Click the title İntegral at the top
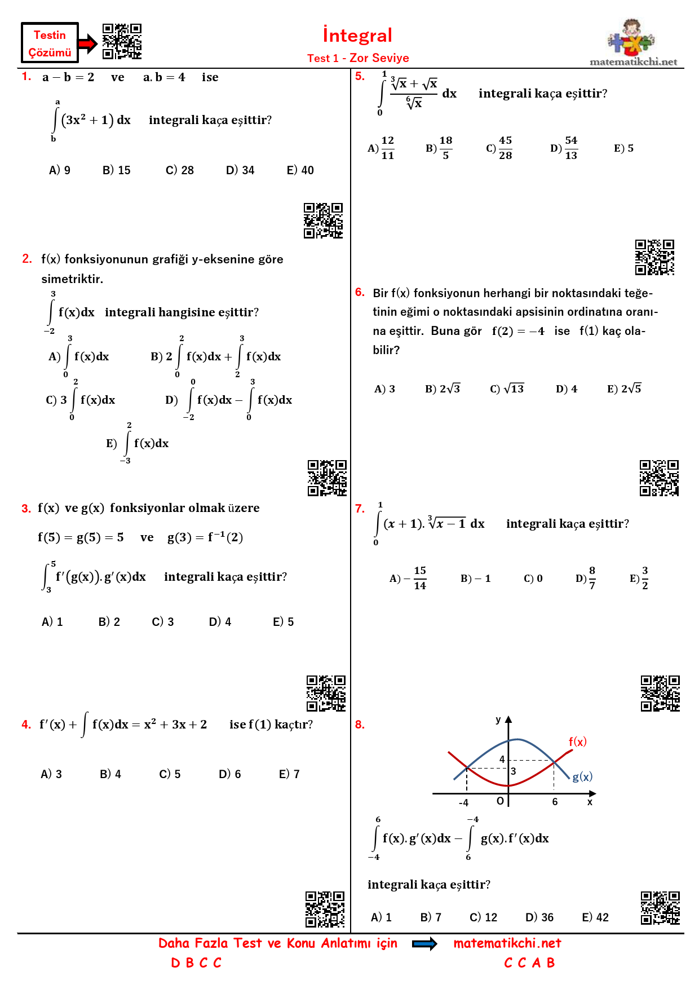(357, 36)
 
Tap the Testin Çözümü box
(50, 43)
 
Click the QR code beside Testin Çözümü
(122, 41)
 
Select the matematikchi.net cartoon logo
(632, 38)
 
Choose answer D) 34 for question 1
(240, 170)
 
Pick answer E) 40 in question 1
(300, 170)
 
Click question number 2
(27, 259)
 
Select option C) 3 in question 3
(163, 622)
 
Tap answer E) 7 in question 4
(289, 774)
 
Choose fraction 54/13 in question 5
(570, 148)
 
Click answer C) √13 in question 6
(507, 389)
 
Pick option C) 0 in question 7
(533, 579)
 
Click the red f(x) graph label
(577, 742)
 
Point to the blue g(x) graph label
(582, 777)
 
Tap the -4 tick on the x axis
(463, 802)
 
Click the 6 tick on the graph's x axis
(555, 802)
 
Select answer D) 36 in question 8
(539, 917)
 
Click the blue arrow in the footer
(424, 944)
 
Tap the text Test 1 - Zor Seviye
(358, 58)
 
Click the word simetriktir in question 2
(72, 279)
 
